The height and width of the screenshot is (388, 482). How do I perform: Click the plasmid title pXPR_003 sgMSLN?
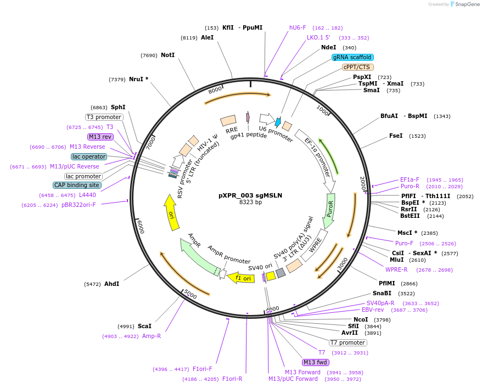tap(250, 195)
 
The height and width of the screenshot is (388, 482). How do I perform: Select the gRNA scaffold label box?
tap(352, 58)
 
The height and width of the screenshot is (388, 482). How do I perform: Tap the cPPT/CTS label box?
tap(357, 68)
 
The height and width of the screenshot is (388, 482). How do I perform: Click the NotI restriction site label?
tap(167, 55)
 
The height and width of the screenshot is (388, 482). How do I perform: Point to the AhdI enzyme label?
tap(111, 284)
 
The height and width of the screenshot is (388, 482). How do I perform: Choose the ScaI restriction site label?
tap(144, 326)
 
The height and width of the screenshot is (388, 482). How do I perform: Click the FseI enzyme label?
tap(396, 136)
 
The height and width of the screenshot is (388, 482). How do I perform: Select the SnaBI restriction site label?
tap(382, 294)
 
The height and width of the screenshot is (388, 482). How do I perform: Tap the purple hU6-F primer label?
tap(298, 27)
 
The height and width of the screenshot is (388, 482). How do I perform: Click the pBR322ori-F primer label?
tap(79, 205)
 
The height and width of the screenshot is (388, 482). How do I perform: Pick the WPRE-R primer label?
tap(396, 269)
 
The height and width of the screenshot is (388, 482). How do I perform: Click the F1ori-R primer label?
tap(232, 379)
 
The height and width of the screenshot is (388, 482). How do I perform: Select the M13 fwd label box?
tap(315, 362)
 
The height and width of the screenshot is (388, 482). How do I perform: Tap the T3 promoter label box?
tap(104, 117)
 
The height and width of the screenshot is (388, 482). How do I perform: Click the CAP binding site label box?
tap(77, 185)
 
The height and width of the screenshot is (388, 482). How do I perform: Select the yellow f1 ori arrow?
tap(240, 278)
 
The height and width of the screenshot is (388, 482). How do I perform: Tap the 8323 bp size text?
tap(250, 203)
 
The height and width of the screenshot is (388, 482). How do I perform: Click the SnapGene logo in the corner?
tap(466, 4)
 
